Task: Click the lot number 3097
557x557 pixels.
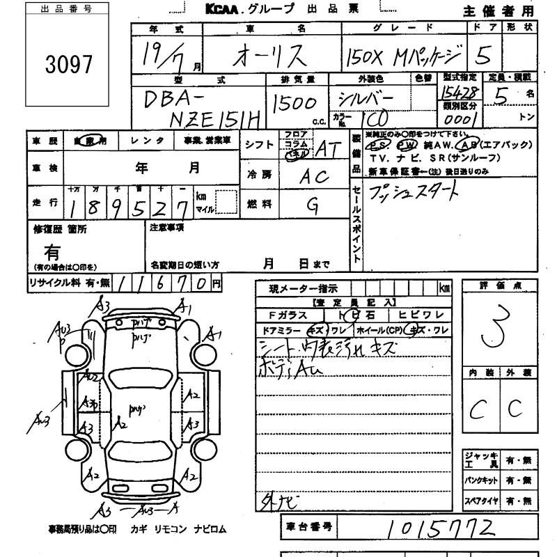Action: pos(68,65)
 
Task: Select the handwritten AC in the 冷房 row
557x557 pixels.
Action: pos(314,177)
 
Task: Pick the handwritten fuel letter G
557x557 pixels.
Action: pos(313,204)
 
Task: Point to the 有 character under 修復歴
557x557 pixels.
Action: pos(52,251)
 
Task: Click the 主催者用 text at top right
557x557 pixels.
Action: pos(499,11)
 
